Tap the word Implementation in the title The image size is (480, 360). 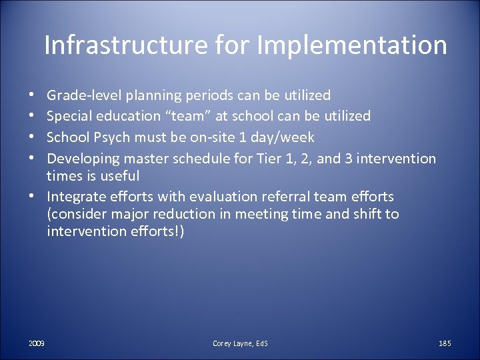coord(351,45)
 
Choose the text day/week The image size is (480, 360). coord(291,137)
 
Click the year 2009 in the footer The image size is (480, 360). coord(37,343)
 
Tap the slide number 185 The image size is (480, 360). coord(445,343)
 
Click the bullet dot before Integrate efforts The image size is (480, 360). coord(31,197)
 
